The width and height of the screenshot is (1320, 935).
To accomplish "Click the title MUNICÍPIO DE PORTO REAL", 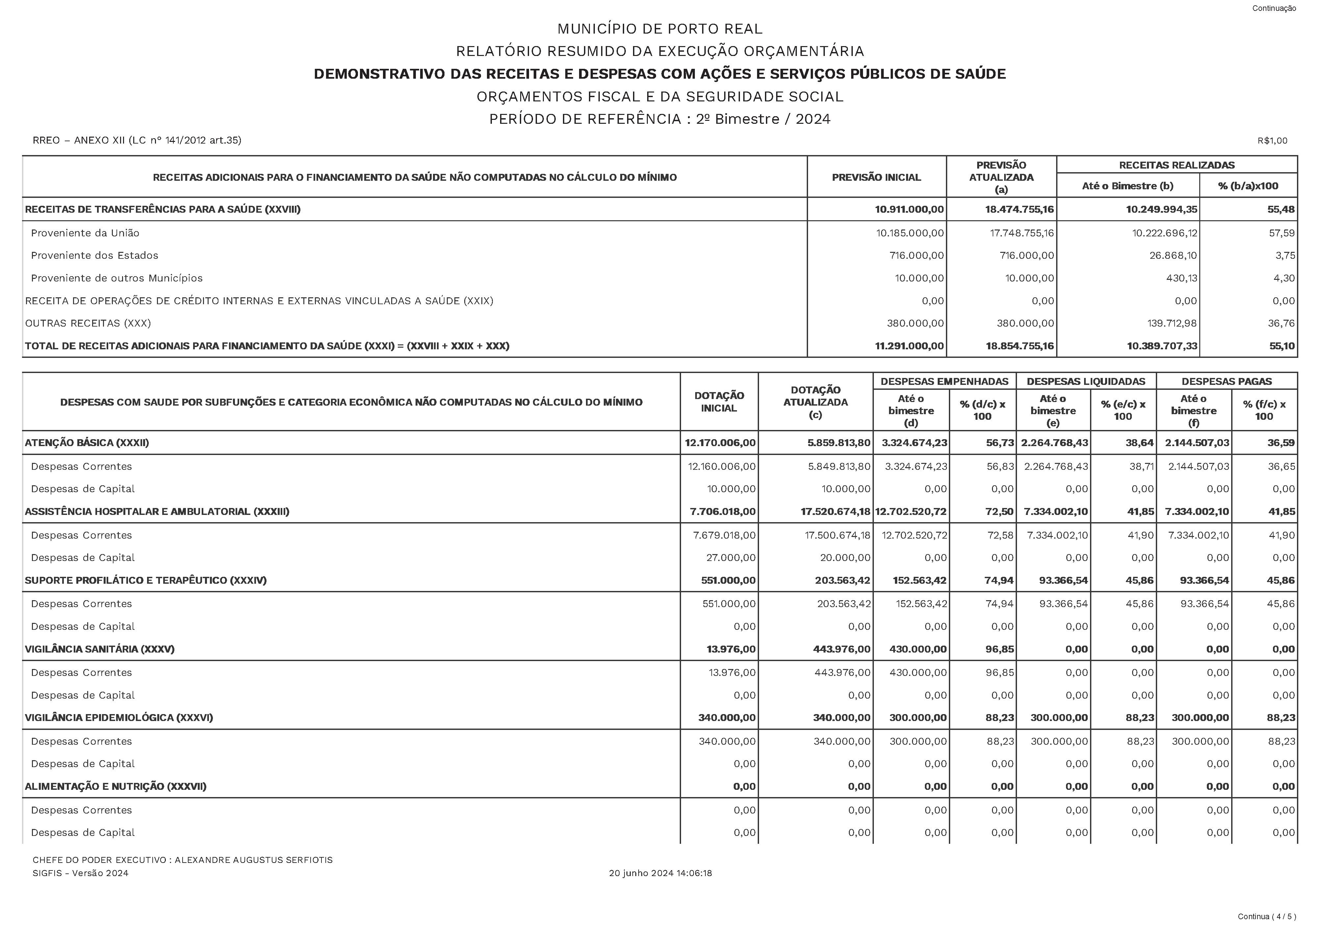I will (x=659, y=29).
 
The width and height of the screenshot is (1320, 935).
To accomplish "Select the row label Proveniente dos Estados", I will (x=94, y=255).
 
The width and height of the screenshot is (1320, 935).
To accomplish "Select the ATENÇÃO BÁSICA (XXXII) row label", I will (x=87, y=443).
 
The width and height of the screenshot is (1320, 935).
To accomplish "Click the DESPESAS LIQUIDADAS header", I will (x=1086, y=381).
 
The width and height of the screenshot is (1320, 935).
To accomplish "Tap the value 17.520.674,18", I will (x=835, y=511).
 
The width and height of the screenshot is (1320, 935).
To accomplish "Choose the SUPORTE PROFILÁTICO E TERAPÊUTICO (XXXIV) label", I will (x=145, y=580).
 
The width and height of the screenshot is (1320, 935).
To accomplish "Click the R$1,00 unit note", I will (x=1272, y=141).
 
